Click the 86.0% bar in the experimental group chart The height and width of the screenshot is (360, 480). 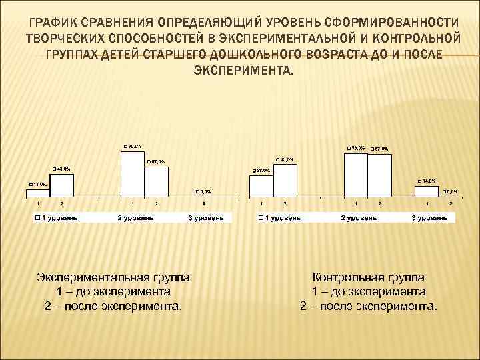coord(133,174)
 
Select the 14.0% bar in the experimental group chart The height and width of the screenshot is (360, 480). coord(37,193)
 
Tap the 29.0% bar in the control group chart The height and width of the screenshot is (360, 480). coord(261,186)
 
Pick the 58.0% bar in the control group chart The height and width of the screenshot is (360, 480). coord(356,175)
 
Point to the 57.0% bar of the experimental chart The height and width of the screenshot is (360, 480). coord(157,181)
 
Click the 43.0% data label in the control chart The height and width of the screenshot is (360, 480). coord(284,159)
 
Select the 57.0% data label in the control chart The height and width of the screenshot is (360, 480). coord(379,149)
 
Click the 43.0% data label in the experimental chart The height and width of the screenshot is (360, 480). coord(61,169)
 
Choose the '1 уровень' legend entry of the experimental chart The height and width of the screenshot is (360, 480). coord(57,218)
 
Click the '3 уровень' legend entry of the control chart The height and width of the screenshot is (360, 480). coord(429,218)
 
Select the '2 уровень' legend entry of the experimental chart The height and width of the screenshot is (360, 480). coord(136,218)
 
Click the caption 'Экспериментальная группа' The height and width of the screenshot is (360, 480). coord(113,277)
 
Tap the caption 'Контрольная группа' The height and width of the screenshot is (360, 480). coord(368,277)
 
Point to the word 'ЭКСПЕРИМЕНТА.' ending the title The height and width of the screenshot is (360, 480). coord(242,70)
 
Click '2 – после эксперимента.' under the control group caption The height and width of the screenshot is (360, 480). coord(369,306)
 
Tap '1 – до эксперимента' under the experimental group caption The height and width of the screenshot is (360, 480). coord(113,291)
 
